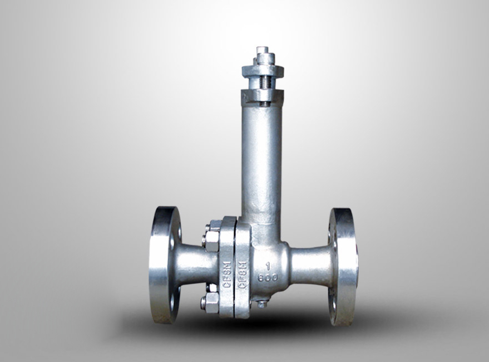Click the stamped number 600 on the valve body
[x=268, y=277]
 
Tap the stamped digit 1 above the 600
[x=268, y=266]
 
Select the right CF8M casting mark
[x=243, y=275]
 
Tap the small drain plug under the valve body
[x=262, y=304]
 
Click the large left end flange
[x=165, y=265]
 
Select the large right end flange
[x=342, y=266]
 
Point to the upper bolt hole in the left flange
[x=179, y=232]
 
